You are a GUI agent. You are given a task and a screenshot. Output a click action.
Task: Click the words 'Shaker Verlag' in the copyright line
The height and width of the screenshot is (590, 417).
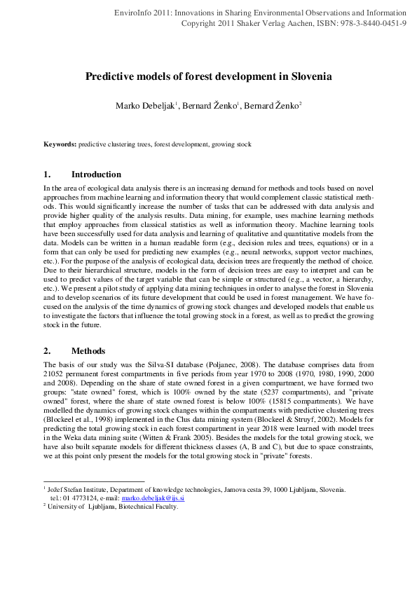pos(261,23)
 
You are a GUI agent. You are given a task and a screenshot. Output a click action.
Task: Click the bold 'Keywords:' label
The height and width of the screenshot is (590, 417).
pos(60,144)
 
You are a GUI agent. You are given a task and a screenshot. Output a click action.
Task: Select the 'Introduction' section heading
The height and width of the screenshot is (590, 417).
pos(96,174)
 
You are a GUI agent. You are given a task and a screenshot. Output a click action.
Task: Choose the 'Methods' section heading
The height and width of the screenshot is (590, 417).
pos(88,351)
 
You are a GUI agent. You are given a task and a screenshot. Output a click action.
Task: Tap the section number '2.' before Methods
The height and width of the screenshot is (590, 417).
pos(47,351)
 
